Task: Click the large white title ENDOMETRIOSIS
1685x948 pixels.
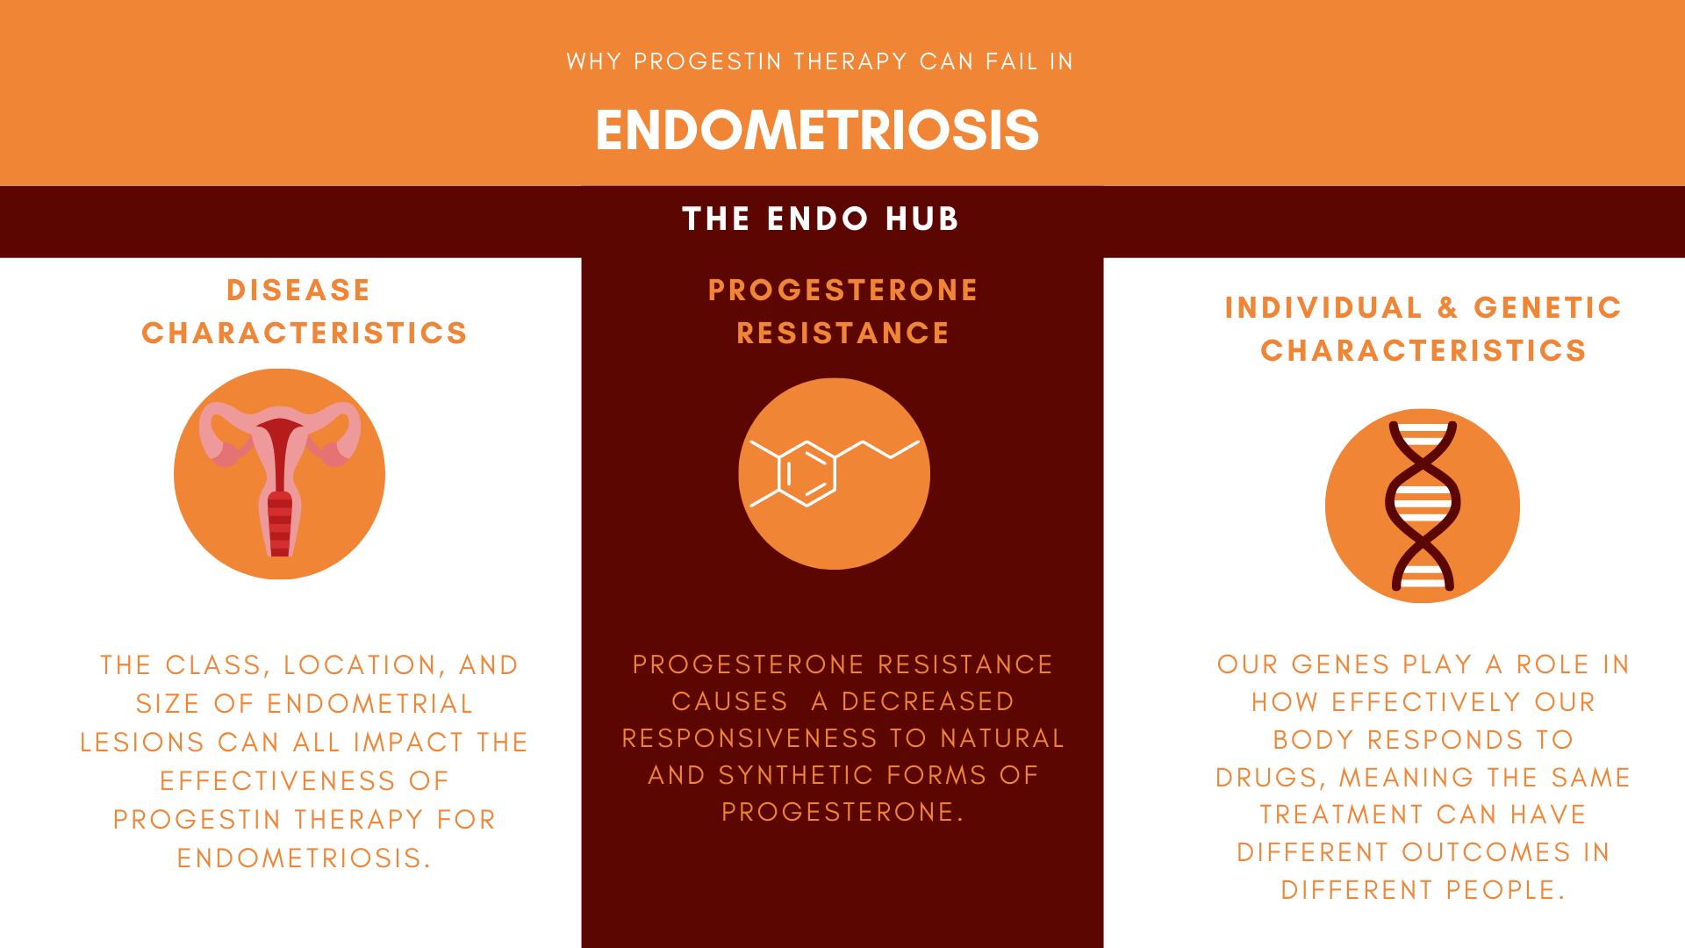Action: pos(817,130)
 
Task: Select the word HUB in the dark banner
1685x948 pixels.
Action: pos(922,219)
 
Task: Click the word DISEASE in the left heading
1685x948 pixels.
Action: pos(298,290)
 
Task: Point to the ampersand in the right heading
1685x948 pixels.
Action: pos(1448,307)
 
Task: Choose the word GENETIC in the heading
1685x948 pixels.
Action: pos(1547,307)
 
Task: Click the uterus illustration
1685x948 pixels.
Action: pos(280,478)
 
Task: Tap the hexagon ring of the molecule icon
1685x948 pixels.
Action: pos(807,474)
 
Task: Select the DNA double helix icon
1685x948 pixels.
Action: pos(1423,506)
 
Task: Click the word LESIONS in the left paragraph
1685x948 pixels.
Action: pos(142,743)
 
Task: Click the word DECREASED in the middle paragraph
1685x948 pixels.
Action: pos(928,701)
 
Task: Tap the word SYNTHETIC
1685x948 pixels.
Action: pos(796,775)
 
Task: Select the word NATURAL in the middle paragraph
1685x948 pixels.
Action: pos(1002,738)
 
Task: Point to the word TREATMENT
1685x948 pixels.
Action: pos(1342,815)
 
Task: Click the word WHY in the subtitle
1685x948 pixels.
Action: pos(594,61)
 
